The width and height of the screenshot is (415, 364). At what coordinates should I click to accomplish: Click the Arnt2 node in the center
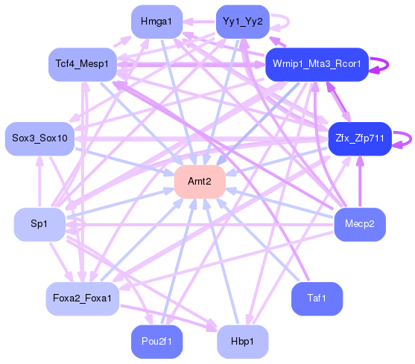pyautogui.click(x=199, y=182)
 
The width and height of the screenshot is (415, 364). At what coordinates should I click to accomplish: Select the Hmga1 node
pyautogui.click(x=155, y=22)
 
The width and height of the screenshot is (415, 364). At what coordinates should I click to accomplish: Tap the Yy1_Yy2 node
pyautogui.click(x=241, y=22)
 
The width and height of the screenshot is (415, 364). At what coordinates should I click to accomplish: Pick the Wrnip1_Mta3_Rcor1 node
pyautogui.click(x=317, y=65)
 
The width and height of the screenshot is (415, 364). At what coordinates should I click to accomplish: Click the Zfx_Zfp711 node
pyautogui.click(x=360, y=138)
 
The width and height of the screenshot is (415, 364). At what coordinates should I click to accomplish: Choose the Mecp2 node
pyautogui.click(x=360, y=223)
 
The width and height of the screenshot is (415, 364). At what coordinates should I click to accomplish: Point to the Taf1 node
pyautogui.click(x=317, y=298)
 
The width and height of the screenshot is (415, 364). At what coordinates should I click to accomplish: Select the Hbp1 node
pyautogui.click(x=242, y=341)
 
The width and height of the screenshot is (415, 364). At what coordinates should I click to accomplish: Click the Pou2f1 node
pyautogui.click(x=156, y=341)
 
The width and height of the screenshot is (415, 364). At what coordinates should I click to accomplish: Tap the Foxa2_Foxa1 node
pyautogui.click(x=82, y=298)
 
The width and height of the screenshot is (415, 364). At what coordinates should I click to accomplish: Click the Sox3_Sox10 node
pyautogui.click(x=39, y=138)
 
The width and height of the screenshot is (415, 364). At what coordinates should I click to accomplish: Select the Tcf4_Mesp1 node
pyautogui.click(x=82, y=65)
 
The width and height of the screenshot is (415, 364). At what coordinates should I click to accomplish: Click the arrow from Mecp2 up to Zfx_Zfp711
pyautogui.click(x=360, y=182)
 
